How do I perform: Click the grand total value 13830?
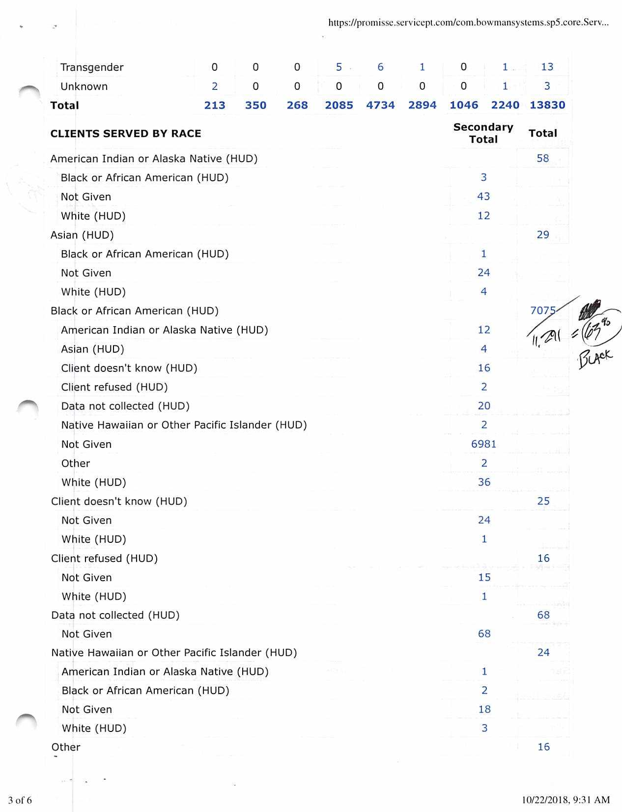coord(547,105)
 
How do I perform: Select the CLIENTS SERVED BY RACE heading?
coord(126,134)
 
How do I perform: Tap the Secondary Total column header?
coord(483,133)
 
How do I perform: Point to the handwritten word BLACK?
coord(595,358)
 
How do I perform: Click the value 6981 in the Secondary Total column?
coord(483,444)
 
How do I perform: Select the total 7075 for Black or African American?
coord(543,310)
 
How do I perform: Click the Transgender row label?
coord(92,67)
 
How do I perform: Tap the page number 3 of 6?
coord(20,800)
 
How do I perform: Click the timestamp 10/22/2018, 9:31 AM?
coord(565,800)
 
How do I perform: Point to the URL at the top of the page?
coord(468,23)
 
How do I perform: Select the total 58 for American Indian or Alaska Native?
coord(543,158)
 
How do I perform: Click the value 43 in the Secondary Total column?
coord(483,196)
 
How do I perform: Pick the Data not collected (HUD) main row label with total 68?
coord(115,615)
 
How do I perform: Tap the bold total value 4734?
coord(380,105)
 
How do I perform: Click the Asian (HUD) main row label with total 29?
coord(82,235)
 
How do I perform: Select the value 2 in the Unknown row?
coord(215,86)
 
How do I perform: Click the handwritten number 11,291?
coord(547,337)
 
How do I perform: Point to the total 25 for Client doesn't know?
coord(543,501)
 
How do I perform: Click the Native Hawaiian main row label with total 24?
coord(174,652)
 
